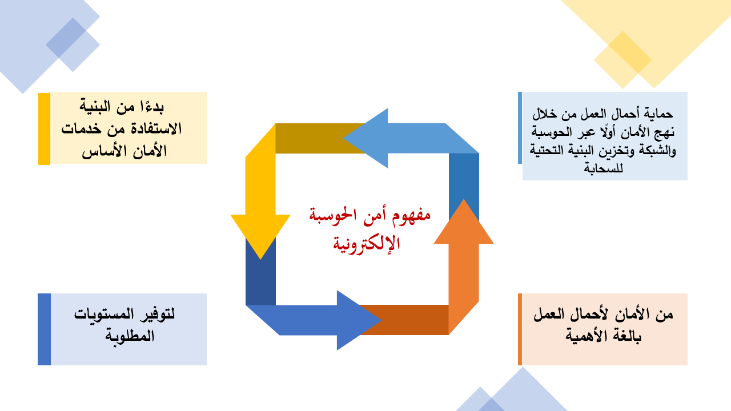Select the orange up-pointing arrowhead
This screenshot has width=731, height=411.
(463, 225)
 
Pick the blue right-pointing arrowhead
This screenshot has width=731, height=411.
(356, 320)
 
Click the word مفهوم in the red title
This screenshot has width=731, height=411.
(411, 216)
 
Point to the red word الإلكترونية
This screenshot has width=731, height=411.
(366, 244)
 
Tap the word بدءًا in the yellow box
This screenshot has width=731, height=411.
(152, 106)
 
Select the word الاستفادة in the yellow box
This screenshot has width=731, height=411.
(156, 128)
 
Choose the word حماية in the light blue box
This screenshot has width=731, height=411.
(658, 114)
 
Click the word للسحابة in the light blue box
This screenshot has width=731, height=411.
(604, 168)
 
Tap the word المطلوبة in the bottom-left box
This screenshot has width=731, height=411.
(130, 336)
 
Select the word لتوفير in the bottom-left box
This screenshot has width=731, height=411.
(157, 314)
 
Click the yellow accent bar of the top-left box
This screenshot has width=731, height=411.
(45, 129)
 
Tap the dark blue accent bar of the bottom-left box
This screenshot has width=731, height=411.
(45, 329)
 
